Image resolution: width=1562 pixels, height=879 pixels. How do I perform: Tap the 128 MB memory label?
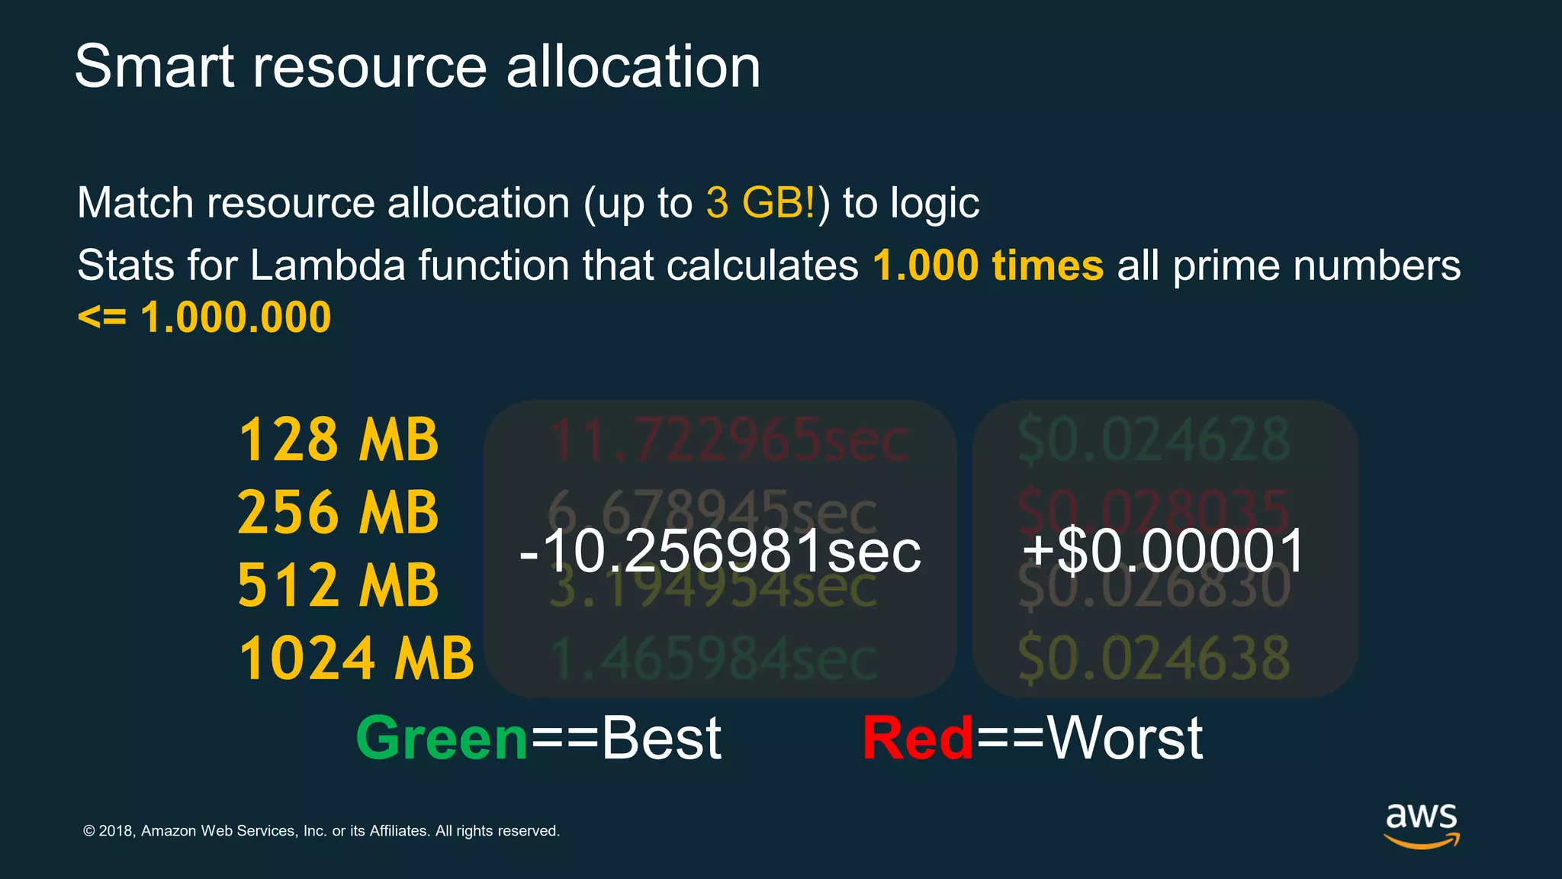click(x=339, y=440)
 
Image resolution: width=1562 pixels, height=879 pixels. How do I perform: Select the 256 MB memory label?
click(x=339, y=512)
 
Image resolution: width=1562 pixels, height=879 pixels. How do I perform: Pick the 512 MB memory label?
click(x=339, y=585)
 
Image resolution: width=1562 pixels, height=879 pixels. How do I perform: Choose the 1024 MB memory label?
click(x=356, y=658)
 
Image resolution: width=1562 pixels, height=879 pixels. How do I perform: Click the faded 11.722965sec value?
click(x=728, y=441)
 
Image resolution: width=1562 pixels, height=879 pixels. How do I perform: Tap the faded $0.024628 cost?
click(x=1154, y=440)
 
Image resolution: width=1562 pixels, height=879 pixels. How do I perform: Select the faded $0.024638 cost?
click(x=1154, y=658)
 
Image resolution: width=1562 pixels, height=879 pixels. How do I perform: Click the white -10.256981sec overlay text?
click(x=720, y=551)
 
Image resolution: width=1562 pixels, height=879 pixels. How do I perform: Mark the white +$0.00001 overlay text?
click(x=1164, y=551)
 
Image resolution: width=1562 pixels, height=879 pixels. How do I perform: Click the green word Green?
click(x=442, y=739)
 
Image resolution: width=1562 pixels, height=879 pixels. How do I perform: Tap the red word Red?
click(x=918, y=739)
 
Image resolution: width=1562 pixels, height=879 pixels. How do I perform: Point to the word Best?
click(x=661, y=739)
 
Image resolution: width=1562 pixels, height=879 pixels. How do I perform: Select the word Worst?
click(x=1125, y=739)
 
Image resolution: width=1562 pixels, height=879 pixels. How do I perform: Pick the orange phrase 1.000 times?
click(x=988, y=266)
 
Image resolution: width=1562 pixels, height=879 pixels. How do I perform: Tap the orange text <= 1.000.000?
click(x=204, y=317)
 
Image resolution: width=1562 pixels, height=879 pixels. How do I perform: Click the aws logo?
click(x=1422, y=825)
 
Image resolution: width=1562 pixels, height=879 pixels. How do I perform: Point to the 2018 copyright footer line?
click(x=321, y=831)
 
